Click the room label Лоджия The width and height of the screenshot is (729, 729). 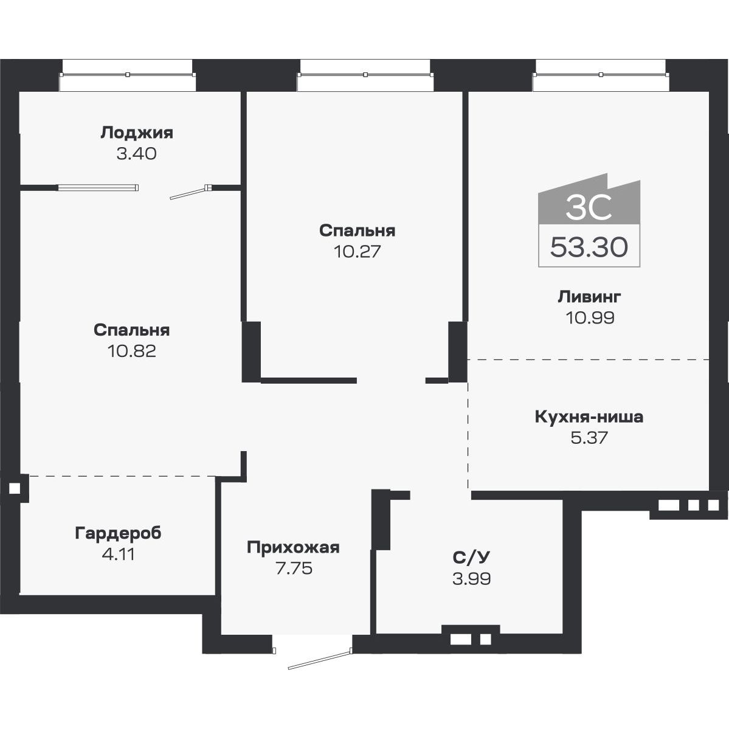tap(137, 133)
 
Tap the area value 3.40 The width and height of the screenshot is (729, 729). tap(137, 154)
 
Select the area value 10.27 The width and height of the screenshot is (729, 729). tap(357, 251)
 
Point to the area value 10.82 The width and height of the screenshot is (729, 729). tap(132, 351)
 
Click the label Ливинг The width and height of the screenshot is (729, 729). tap(589, 297)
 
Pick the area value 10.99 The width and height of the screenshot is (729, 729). tap(589, 317)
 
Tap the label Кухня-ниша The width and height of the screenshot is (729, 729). tap(589, 417)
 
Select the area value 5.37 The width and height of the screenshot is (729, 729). tap(589, 438)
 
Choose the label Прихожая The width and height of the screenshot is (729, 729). tap(293, 547)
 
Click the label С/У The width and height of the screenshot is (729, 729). tap(471, 558)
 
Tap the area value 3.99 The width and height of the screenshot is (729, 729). tap(471, 578)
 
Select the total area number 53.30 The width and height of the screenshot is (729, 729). tap(589, 247)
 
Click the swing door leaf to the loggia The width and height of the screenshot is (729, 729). tap(189, 193)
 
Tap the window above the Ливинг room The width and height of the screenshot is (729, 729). tap(601, 74)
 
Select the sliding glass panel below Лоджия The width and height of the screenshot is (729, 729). tap(98, 187)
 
